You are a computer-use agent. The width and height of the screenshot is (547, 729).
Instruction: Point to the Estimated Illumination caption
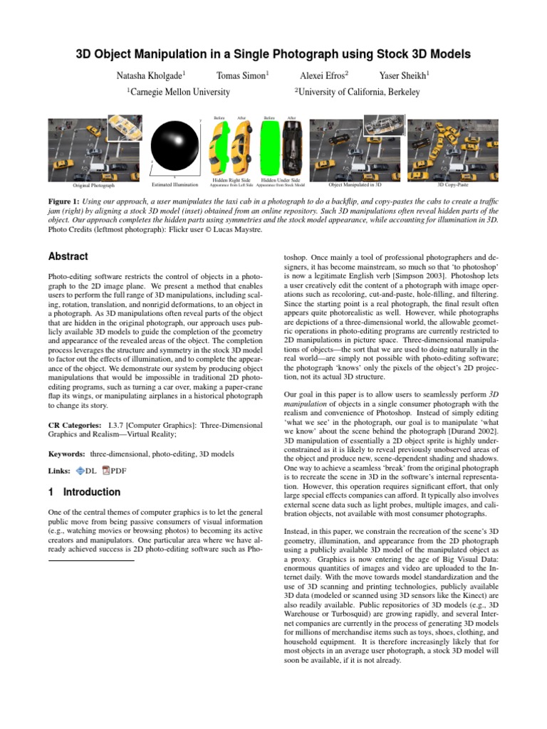coord(175,184)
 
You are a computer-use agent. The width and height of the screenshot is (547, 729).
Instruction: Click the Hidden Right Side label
coord(231,181)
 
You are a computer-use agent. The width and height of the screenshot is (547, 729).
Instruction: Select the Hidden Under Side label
coord(280,181)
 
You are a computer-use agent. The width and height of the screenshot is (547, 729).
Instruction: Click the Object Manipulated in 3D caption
coord(355,184)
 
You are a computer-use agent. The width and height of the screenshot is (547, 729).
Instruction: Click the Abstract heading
coord(68,256)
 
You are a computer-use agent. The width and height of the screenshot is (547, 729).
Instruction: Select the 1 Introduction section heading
coord(84,492)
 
